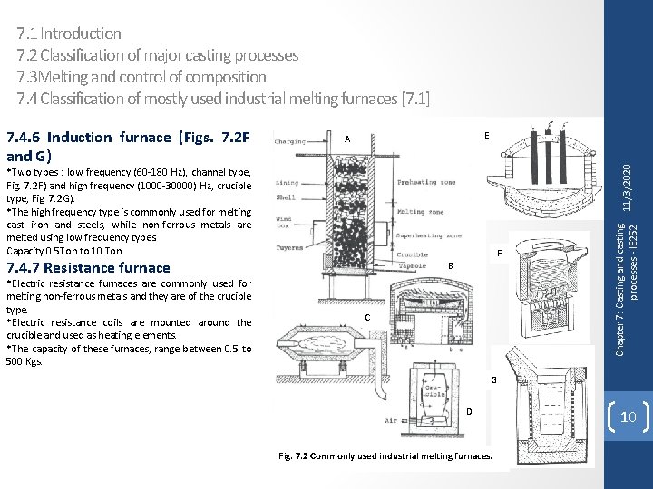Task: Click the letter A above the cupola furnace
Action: [x=347, y=139]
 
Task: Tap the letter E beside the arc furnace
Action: [x=487, y=135]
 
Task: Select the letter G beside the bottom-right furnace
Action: [x=493, y=379]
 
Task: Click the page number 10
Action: [x=629, y=416]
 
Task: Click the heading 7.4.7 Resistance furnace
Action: [x=89, y=267]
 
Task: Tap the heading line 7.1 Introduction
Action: [x=69, y=34]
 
